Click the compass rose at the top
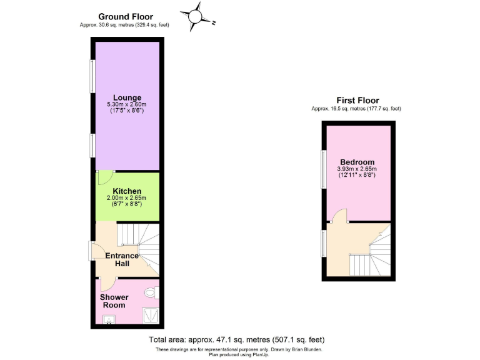196,16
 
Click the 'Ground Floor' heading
125,17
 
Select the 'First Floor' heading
357,100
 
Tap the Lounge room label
127,97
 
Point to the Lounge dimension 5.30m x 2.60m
127,105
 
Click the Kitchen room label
127,191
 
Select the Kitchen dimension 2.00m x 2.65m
127,198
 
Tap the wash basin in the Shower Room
109,321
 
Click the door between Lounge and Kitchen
101,176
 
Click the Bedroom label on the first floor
357,162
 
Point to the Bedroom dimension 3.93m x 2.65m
357,169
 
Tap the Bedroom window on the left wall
324,168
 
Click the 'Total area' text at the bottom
236,339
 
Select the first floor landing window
324,242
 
